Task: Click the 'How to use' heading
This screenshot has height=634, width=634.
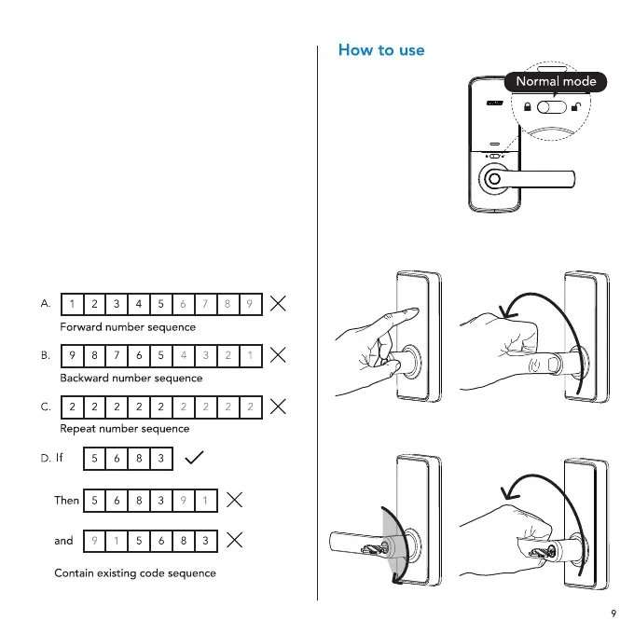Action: pos(380,50)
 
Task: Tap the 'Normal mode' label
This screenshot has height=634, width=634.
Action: pos(556,81)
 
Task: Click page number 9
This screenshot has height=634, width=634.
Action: pos(613,613)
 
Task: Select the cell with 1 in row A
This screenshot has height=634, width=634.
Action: pos(71,304)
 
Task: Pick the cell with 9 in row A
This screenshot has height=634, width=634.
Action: pos(250,304)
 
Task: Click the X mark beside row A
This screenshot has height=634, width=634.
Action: pos(277,303)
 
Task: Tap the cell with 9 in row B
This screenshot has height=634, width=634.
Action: pos(71,355)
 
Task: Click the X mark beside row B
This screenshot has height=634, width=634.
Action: pos(277,354)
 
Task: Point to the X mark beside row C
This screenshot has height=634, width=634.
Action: pos(277,407)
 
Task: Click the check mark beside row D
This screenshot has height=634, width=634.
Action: pos(195,458)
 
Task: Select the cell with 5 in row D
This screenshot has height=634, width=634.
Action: pos(95,459)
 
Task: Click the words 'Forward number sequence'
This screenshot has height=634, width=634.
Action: pos(128,327)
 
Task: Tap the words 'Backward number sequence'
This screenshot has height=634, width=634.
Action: pos(131,379)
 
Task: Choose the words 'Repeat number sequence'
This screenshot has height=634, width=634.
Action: pos(124,429)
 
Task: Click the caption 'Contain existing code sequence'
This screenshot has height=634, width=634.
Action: pos(134,572)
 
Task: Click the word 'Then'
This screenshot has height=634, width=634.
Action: pos(66,500)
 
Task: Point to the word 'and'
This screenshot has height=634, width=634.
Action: pos(63,540)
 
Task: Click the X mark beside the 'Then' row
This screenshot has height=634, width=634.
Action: pos(236,500)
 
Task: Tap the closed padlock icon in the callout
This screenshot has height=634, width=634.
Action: pos(528,107)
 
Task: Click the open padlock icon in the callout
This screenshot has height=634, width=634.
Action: pos(578,107)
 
